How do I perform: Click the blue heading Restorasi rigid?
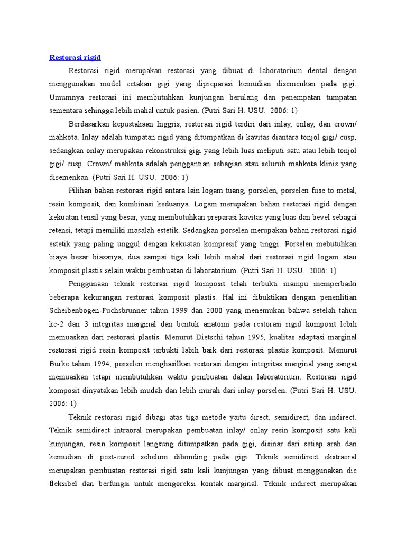[x=75, y=57]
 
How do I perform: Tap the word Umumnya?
[x=64, y=97]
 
